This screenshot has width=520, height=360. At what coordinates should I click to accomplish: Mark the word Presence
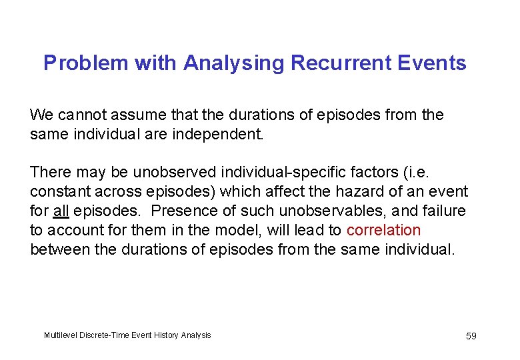(177, 211)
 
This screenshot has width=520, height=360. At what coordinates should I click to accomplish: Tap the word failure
(443, 211)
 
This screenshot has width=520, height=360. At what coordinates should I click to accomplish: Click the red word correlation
(384, 231)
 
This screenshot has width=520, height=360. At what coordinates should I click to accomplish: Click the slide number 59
(471, 336)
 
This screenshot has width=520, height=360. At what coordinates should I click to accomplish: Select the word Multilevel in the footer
(59, 335)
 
